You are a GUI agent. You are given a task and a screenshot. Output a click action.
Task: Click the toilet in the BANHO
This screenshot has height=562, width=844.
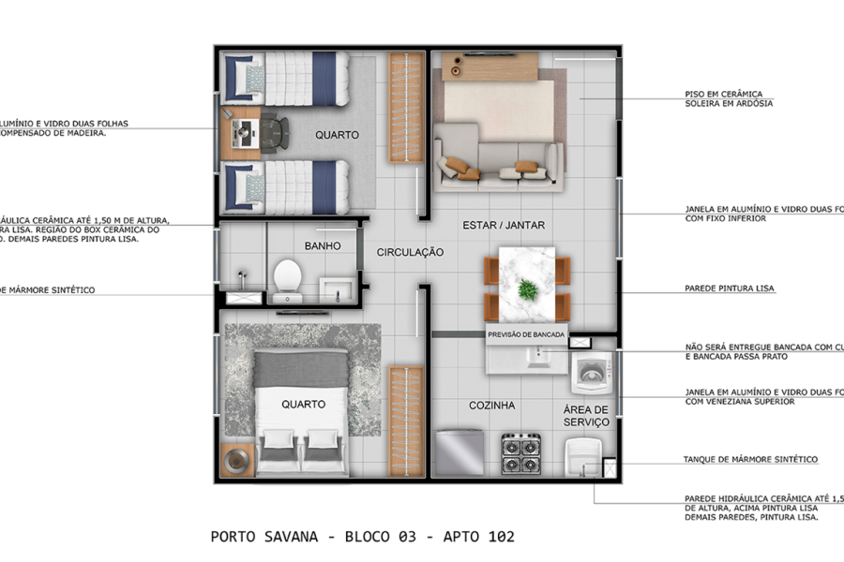point(287,276)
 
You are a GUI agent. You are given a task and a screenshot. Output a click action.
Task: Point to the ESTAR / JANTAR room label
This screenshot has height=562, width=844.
point(504,225)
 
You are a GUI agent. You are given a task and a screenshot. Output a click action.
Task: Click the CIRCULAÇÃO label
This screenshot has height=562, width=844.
point(410,252)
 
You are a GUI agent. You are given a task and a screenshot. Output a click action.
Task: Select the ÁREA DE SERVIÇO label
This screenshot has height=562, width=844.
point(587,416)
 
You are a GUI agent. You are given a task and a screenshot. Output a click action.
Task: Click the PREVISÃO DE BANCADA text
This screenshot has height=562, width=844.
point(524,333)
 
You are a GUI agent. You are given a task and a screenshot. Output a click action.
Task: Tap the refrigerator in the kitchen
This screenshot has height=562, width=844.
point(460,454)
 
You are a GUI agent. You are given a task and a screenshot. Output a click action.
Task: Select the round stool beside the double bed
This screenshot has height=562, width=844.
point(238,461)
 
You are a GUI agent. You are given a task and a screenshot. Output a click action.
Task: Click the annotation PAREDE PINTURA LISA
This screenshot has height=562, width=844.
point(729,288)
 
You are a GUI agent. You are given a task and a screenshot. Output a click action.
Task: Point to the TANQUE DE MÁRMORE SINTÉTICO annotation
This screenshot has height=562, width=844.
point(750,460)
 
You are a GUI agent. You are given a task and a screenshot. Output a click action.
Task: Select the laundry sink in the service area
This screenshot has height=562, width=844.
point(583,460)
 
